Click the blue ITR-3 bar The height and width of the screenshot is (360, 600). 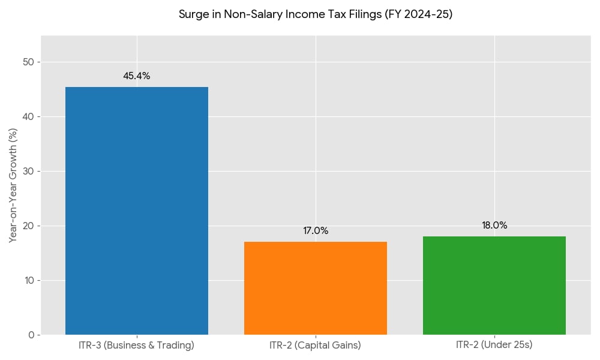137,211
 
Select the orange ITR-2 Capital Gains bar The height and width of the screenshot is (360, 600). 316,288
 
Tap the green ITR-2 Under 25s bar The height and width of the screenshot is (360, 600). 494,285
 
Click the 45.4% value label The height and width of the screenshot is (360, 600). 137,76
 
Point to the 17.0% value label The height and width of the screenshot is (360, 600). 316,231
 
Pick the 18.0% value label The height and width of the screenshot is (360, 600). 494,226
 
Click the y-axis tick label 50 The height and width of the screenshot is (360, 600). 28,62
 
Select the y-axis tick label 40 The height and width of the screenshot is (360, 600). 28,117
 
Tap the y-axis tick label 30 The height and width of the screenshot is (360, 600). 28,172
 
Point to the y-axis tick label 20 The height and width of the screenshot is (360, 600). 28,226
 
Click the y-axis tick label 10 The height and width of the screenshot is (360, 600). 28,280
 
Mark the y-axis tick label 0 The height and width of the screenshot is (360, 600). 31,335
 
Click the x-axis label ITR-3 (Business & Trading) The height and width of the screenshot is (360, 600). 137,346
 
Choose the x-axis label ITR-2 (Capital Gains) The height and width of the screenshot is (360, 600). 316,346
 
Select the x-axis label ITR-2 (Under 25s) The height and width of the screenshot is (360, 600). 494,346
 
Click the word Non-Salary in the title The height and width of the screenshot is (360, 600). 247,14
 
